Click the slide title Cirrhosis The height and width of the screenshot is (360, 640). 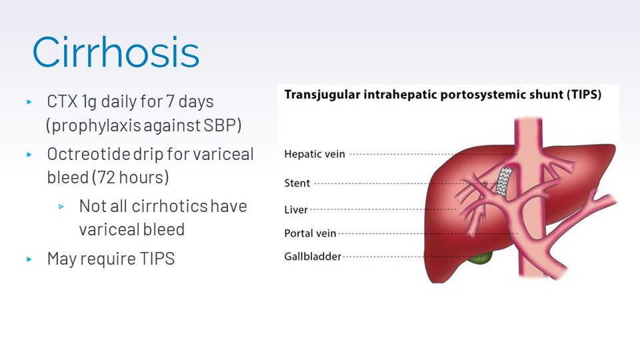click(116, 52)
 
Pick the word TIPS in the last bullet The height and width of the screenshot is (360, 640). click(157, 259)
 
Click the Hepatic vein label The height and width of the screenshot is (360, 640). click(315, 154)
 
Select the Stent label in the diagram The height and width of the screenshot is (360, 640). click(297, 183)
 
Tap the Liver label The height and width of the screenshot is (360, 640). click(296, 210)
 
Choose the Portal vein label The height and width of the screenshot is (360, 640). click(310, 233)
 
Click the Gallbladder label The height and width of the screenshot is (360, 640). click(313, 256)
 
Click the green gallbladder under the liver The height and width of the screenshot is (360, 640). click(481, 257)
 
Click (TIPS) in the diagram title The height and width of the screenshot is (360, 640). click(583, 95)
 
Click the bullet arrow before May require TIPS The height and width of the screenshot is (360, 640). click(29, 259)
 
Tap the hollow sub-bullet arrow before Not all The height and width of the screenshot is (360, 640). click(61, 207)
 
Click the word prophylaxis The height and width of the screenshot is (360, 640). click(89, 125)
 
